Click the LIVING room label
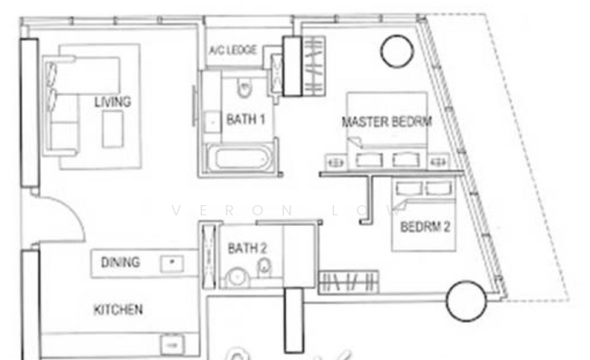[x=113, y=102]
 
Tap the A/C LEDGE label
[x=233, y=50]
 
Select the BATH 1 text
[x=246, y=120]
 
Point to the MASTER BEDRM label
[x=386, y=122]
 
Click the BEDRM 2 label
[x=425, y=226]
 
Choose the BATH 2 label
[x=247, y=248]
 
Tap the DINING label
[x=120, y=262]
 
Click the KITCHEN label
[x=118, y=310]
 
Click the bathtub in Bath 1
[x=239, y=158]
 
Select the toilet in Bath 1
[x=245, y=88]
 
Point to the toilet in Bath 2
[x=264, y=268]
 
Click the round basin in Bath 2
[x=237, y=278]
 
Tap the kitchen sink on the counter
[x=173, y=345]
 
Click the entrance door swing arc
[x=72, y=212]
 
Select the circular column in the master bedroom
[x=397, y=51]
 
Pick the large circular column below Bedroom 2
[x=466, y=301]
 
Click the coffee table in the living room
[x=113, y=129]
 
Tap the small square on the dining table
[x=172, y=263]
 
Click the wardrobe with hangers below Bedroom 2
[x=349, y=282]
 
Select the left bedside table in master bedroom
[x=336, y=163]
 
